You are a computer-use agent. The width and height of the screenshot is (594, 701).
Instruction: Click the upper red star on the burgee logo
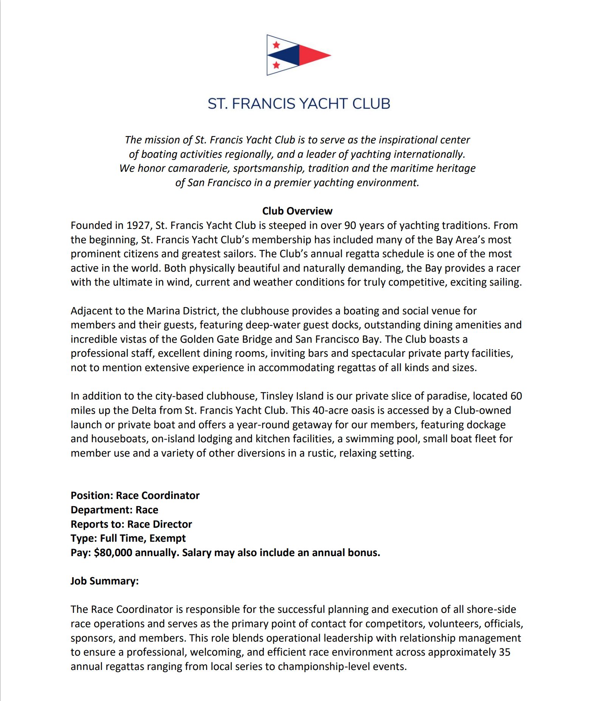tap(276, 45)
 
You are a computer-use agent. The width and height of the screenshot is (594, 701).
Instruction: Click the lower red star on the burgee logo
tap(276, 65)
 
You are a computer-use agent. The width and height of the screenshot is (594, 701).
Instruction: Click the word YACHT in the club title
tap(323, 104)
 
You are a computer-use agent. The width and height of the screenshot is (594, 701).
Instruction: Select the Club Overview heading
tap(297, 211)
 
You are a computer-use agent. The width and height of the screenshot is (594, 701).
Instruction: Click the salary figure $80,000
tap(113, 553)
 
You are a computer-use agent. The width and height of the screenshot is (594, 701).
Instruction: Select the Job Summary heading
tap(104, 581)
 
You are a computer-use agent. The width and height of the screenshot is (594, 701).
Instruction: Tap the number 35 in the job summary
tap(504, 652)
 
